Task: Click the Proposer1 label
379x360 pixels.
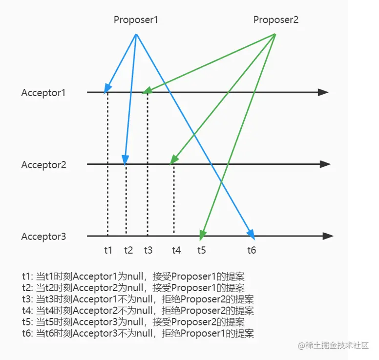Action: [x=136, y=20]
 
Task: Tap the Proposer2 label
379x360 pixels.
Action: [x=275, y=20]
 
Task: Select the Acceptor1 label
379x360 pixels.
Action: [x=43, y=93]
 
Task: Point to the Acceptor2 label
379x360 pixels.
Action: [x=43, y=165]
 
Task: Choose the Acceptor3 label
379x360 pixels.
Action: [x=43, y=237]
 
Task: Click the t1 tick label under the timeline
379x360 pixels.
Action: [x=108, y=250]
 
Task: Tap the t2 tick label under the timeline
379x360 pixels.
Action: [x=128, y=250]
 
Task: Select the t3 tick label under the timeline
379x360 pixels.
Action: [x=148, y=250]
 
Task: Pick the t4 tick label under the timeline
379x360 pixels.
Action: [x=176, y=250]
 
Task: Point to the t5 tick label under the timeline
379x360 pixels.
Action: [x=202, y=250]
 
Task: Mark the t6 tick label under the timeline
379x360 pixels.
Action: [x=252, y=250]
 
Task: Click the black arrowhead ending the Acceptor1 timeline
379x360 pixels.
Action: [x=323, y=92]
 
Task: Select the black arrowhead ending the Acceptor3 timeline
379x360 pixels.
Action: [x=328, y=237]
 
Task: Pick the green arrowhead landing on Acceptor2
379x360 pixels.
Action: [x=174, y=161]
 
